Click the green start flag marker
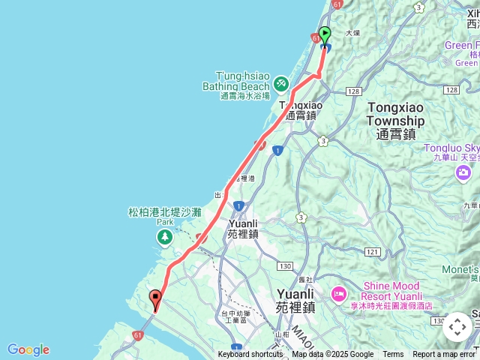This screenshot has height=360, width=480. [325, 34]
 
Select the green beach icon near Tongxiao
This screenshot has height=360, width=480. [280, 82]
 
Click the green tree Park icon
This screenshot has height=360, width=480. [163, 238]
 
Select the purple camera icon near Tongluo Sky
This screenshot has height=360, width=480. [463, 173]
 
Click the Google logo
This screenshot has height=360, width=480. [28, 349]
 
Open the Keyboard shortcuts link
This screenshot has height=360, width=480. [250, 355]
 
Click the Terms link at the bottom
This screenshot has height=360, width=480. [393, 355]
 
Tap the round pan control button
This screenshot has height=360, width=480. [457, 327]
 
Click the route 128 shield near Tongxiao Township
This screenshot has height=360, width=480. [353, 91]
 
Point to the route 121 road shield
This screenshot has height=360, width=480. [372, 252]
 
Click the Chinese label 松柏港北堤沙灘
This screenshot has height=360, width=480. [164, 212]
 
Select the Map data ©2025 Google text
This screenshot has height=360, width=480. [332, 355]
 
